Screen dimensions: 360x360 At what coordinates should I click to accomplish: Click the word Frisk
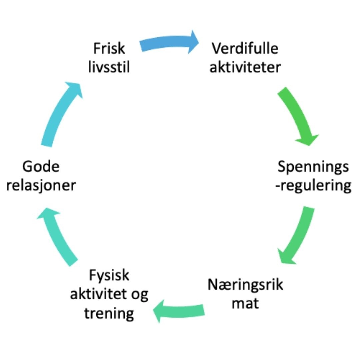point(109,49)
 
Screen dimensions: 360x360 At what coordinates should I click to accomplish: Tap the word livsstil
point(109,67)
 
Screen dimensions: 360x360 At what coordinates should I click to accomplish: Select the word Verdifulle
point(245,49)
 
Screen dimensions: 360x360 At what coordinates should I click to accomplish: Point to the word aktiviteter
point(245,67)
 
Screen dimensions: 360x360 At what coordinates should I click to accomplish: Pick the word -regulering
point(313,185)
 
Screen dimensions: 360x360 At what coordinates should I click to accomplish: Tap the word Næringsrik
point(245,285)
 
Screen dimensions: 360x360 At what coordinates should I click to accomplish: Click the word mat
point(245,304)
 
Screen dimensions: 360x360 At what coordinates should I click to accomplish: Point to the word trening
point(109,313)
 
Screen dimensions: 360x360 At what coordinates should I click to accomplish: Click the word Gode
point(41,166)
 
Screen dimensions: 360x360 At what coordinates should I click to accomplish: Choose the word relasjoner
point(41,185)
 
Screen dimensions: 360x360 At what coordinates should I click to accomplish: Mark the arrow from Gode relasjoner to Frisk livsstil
point(62,113)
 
